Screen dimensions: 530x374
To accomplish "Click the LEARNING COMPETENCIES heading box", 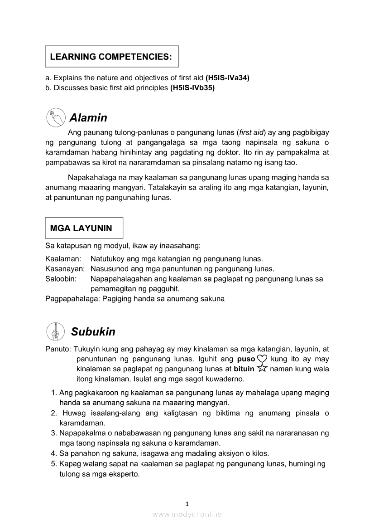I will point(111,57).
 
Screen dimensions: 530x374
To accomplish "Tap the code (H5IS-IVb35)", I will point(192,88).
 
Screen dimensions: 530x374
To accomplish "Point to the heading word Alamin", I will point(88,118).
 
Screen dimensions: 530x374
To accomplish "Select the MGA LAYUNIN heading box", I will point(84,228).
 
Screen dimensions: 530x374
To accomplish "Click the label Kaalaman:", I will point(63,259).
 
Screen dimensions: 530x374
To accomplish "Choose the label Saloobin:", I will point(61,279).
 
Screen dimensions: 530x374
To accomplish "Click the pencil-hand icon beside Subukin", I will point(55,331).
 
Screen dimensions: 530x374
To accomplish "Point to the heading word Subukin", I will point(93,332).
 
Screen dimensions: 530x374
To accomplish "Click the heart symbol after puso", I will point(262,359).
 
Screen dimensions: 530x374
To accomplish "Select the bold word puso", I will point(246,359).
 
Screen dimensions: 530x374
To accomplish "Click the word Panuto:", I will point(58,349).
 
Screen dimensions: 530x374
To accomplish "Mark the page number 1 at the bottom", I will point(187,504).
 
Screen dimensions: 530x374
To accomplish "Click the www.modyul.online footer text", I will point(187,514).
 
